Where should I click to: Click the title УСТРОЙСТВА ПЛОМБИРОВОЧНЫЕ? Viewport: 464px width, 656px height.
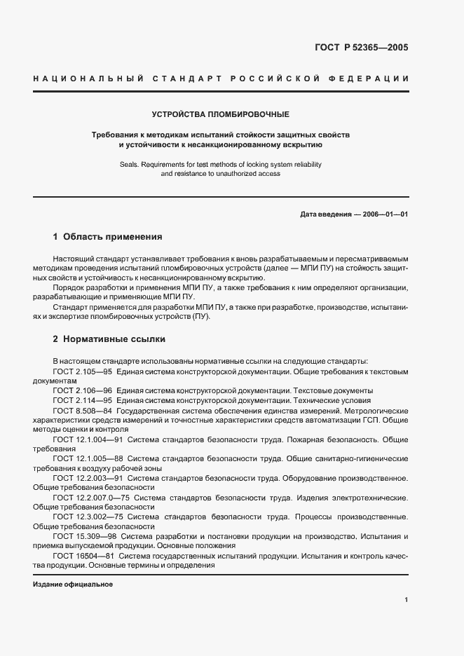click(x=221, y=114)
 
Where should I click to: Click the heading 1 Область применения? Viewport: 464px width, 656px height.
click(x=107, y=237)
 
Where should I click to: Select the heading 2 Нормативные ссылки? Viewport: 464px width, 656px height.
click(x=109, y=339)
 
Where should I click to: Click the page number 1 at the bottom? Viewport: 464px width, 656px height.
click(x=407, y=600)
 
